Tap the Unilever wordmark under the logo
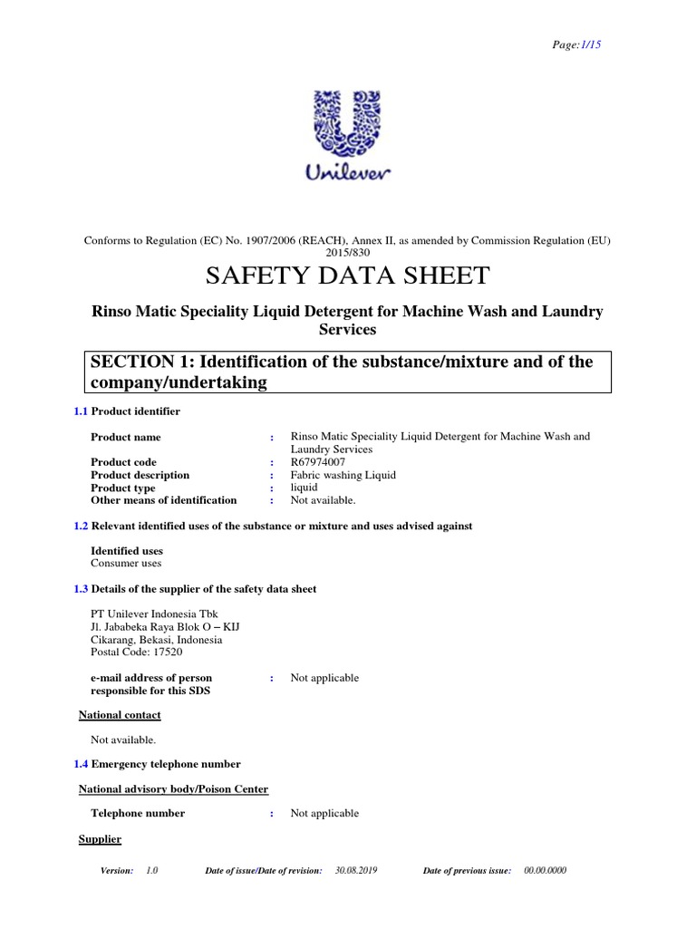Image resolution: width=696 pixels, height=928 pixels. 348,173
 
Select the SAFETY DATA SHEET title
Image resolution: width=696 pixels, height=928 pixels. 348,276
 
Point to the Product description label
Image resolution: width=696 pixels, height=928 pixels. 140,475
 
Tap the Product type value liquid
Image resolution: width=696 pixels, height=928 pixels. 304,488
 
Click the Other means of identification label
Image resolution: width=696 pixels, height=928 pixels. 164,500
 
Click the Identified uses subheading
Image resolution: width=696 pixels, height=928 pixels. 127,551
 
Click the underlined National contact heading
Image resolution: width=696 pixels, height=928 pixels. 120,715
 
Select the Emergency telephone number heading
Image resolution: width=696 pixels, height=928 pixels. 166,764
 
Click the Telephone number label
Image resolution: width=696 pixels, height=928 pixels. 138,813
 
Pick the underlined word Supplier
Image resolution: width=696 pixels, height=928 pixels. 100,839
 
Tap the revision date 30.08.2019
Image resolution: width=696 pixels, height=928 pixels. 356,870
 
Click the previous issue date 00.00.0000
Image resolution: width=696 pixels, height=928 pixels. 546,870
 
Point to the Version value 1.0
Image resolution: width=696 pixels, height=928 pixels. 151,870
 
